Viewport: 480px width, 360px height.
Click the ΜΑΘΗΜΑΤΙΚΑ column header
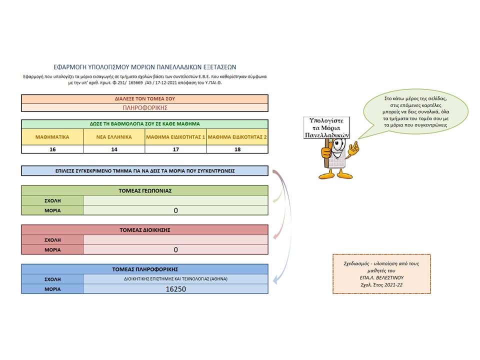(x=52, y=137)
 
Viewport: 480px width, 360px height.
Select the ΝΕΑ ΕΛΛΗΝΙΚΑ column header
(x=114, y=137)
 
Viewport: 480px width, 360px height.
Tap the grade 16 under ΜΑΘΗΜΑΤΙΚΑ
(x=52, y=149)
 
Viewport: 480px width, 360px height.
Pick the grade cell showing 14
(x=114, y=149)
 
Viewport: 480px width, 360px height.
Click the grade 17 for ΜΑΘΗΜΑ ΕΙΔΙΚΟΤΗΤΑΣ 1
(x=175, y=149)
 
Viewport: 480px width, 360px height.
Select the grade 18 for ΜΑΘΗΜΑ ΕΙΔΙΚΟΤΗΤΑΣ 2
(x=237, y=149)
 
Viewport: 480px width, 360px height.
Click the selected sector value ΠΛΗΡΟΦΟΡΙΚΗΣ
(x=145, y=108)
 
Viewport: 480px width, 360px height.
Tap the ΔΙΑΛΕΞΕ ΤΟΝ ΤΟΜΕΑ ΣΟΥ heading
(x=145, y=99)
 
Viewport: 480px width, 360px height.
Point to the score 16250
(x=175, y=289)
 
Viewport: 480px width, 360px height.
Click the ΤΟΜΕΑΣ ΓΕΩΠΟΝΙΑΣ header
(x=145, y=190)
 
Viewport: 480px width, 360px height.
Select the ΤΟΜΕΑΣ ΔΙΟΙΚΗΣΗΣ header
(x=145, y=230)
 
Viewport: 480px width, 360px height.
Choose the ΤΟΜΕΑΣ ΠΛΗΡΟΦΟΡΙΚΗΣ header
(x=145, y=269)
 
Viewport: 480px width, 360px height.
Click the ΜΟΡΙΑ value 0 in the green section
(x=175, y=210)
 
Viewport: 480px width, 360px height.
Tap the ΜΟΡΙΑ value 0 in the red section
(x=175, y=250)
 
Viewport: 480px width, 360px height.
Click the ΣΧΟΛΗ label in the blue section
(x=52, y=279)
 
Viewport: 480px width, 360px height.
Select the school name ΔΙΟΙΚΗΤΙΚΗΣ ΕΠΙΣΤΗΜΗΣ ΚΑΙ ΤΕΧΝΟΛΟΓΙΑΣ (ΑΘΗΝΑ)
(x=175, y=279)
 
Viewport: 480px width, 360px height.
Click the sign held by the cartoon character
(x=326, y=127)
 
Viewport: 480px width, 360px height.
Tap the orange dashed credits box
(x=381, y=274)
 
